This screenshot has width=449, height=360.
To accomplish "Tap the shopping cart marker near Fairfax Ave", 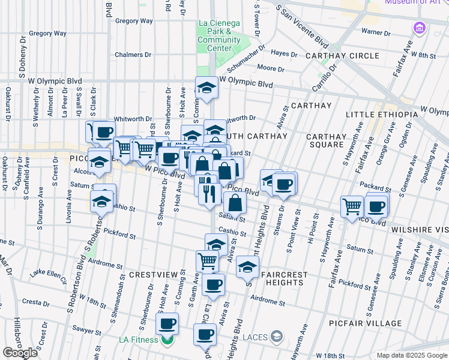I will point(352,206).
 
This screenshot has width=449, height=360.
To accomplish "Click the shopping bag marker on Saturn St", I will point(235,202).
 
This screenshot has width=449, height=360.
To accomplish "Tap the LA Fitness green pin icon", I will point(166,341).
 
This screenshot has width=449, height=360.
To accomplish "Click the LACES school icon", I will point(276,336).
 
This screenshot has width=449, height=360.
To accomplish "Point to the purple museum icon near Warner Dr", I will point(418,28).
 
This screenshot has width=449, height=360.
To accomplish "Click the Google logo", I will point(20,353).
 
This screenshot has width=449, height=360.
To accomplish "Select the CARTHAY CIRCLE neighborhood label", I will point(342,56).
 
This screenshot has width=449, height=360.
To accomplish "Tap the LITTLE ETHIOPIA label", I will point(381,114).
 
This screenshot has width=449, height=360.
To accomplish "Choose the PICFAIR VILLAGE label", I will point(365,323).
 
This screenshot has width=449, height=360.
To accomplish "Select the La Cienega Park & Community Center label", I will point(218,35).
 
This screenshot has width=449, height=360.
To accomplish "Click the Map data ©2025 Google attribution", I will point(411,355).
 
